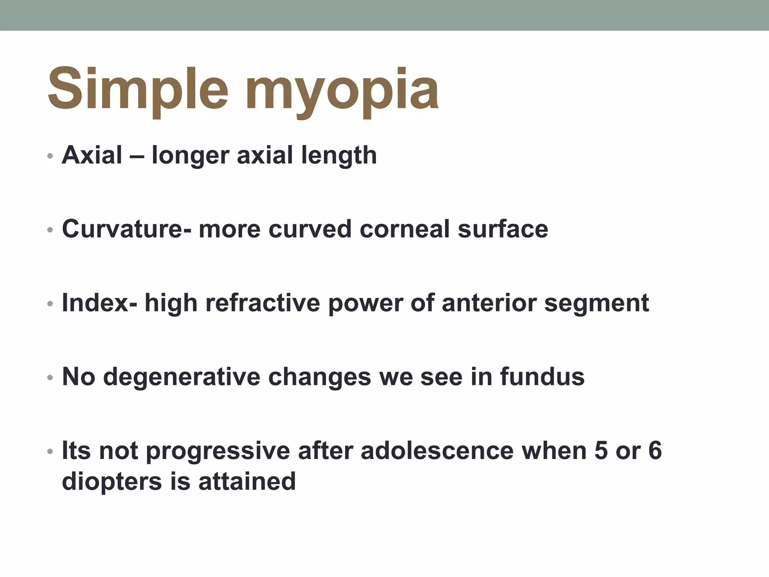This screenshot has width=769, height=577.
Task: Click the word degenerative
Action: tap(181, 376)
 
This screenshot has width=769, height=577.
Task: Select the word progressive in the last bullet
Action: tap(218, 451)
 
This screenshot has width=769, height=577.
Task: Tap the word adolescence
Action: tap(437, 450)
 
